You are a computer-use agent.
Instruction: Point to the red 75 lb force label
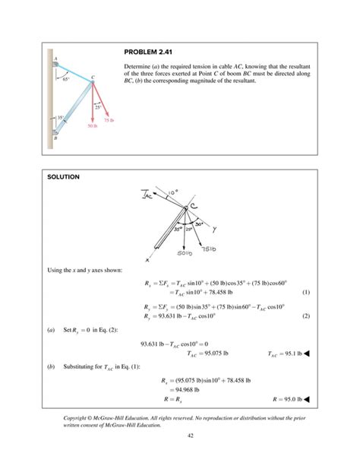pos(108,120)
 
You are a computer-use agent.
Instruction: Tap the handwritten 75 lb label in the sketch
pos(210,249)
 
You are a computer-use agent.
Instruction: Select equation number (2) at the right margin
pos(305,315)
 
